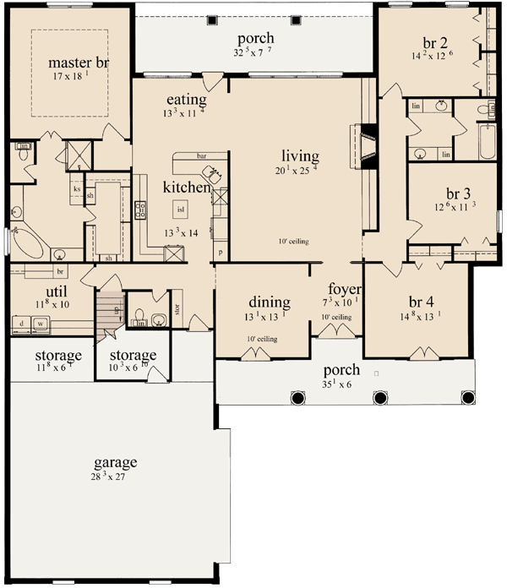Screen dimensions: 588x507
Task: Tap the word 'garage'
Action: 117,462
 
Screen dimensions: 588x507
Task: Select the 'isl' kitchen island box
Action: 180,207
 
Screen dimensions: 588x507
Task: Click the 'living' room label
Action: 301,156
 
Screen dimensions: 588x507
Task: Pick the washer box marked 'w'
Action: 40,323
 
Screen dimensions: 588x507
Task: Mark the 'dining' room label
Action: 270,302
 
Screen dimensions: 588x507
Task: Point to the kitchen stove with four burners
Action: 141,209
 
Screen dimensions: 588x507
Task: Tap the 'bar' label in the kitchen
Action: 202,156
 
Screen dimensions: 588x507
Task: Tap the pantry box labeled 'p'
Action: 221,253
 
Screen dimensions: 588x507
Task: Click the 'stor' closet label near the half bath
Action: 178,308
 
